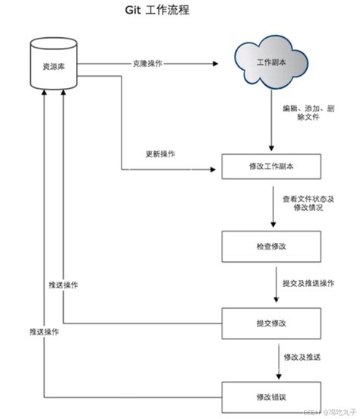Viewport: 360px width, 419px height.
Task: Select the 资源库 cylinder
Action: point(53,67)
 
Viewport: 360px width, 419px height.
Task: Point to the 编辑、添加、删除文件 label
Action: point(305,113)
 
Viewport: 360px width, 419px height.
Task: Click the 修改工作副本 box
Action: point(271,165)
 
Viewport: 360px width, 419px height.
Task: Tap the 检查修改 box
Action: point(271,245)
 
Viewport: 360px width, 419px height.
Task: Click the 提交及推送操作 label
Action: point(307,283)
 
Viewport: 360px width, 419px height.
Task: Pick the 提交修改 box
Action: point(271,323)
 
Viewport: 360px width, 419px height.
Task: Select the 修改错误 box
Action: point(271,397)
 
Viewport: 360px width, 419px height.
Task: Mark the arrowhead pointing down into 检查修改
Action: point(272,225)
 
